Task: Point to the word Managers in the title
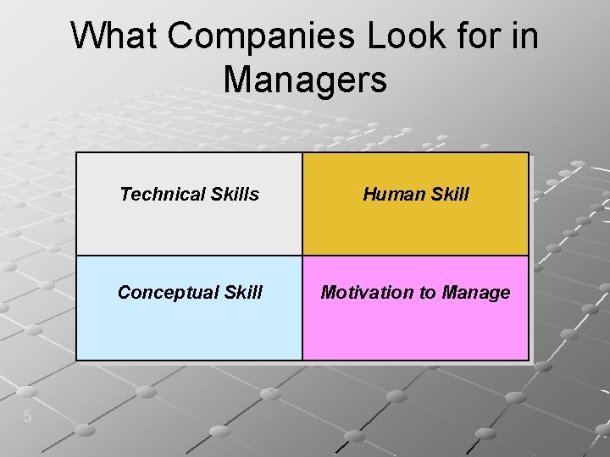point(305,80)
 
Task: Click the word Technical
point(158,195)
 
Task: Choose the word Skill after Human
point(448,195)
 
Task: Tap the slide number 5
point(27,416)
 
